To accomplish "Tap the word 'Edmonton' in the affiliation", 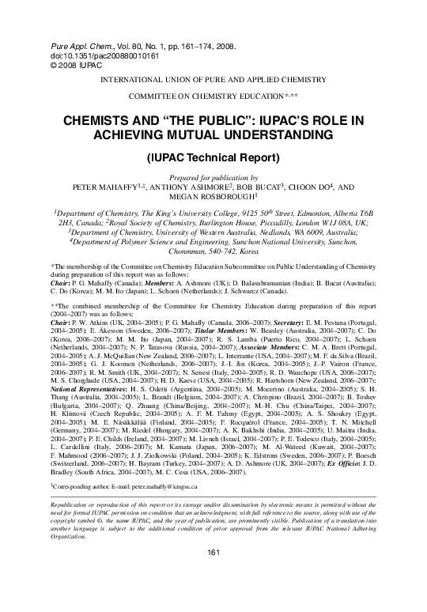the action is (x=314, y=214).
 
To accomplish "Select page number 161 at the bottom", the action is (x=213, y=574).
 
